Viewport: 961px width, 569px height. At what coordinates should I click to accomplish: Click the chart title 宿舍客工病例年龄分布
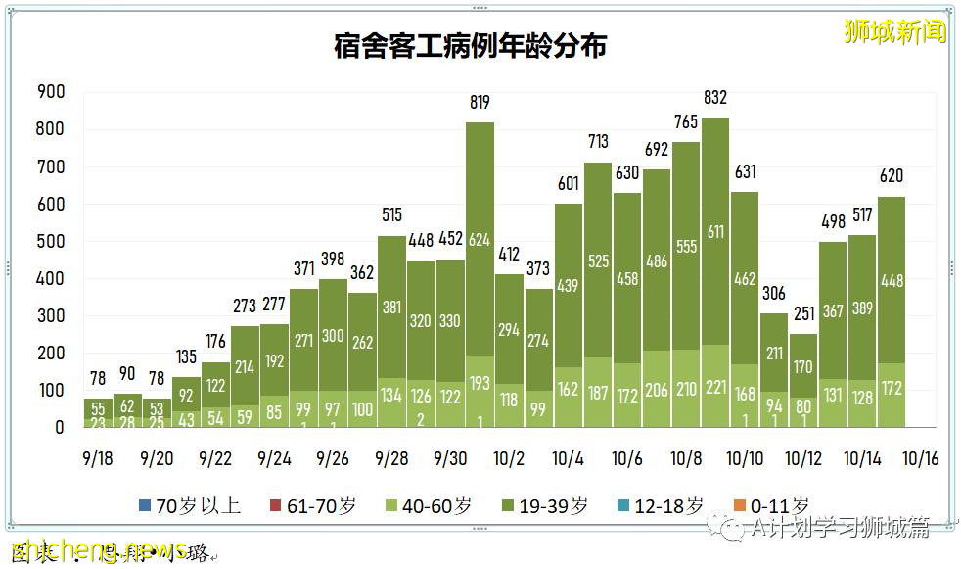click(x=470, y=46)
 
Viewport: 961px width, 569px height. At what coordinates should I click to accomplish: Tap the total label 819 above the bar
click(x=480, y=102)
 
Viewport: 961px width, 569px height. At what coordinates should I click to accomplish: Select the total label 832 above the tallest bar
click(x=715, y=97)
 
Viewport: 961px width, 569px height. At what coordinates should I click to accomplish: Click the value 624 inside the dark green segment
click(x=480, y=240)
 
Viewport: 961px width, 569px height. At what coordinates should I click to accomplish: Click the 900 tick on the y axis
click(x=51, y=92)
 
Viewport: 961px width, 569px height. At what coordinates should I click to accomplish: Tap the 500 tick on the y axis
click(x=51, y=242)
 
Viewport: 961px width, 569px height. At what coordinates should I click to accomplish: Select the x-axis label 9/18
click(x=98, y=459)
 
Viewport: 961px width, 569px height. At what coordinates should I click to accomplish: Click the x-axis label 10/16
click(x=920, y=459)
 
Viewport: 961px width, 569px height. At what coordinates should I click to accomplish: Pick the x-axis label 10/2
click(x=510, y=459)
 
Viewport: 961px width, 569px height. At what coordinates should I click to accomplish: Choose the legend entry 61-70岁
click(x=312, y=506)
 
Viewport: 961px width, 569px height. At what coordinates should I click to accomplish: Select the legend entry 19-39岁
click(x=545, y=506)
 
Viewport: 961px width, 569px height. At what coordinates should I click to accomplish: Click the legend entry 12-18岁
click(x=662, y=506)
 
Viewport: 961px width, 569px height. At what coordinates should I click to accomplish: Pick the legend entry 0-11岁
click(x=770, y=506)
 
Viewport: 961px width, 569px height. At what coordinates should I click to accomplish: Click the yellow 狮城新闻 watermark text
click(x=895, y=31)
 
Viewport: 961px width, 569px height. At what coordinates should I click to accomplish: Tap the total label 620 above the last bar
click(x=892, y=176)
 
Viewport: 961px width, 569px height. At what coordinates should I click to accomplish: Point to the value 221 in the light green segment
click(x=715, y=389)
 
